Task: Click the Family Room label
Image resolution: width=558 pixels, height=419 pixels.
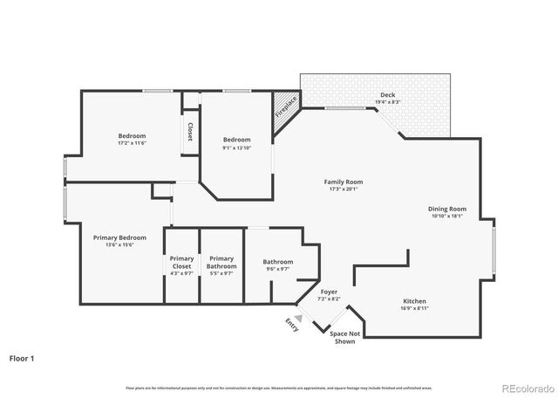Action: (343, 182)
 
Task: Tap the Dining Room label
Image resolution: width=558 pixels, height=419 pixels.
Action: (447, 209)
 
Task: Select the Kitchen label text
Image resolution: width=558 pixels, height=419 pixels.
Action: (414, 301)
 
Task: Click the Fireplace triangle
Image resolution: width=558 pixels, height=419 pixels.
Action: (283, 108)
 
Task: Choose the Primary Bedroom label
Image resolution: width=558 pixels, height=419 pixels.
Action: (120, 237)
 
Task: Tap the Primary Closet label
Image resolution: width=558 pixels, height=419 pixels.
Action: (181, 262)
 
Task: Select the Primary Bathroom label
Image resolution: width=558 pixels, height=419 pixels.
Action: (221, 262)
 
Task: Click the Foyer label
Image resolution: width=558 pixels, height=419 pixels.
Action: (329, 292)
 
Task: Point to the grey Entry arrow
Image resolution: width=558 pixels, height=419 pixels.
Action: (297, 319)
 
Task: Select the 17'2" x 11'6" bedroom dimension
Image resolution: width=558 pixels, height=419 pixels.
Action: (133, 143)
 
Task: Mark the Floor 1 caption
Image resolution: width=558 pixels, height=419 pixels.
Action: (23, 358)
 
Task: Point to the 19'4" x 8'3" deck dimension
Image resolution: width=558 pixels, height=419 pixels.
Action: (387, 102)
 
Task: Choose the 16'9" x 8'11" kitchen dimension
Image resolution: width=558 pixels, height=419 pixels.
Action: (414, 309)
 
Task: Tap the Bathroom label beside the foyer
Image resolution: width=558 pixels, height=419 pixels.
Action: (278, 262)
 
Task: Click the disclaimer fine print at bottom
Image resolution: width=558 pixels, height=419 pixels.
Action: (279, 387)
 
